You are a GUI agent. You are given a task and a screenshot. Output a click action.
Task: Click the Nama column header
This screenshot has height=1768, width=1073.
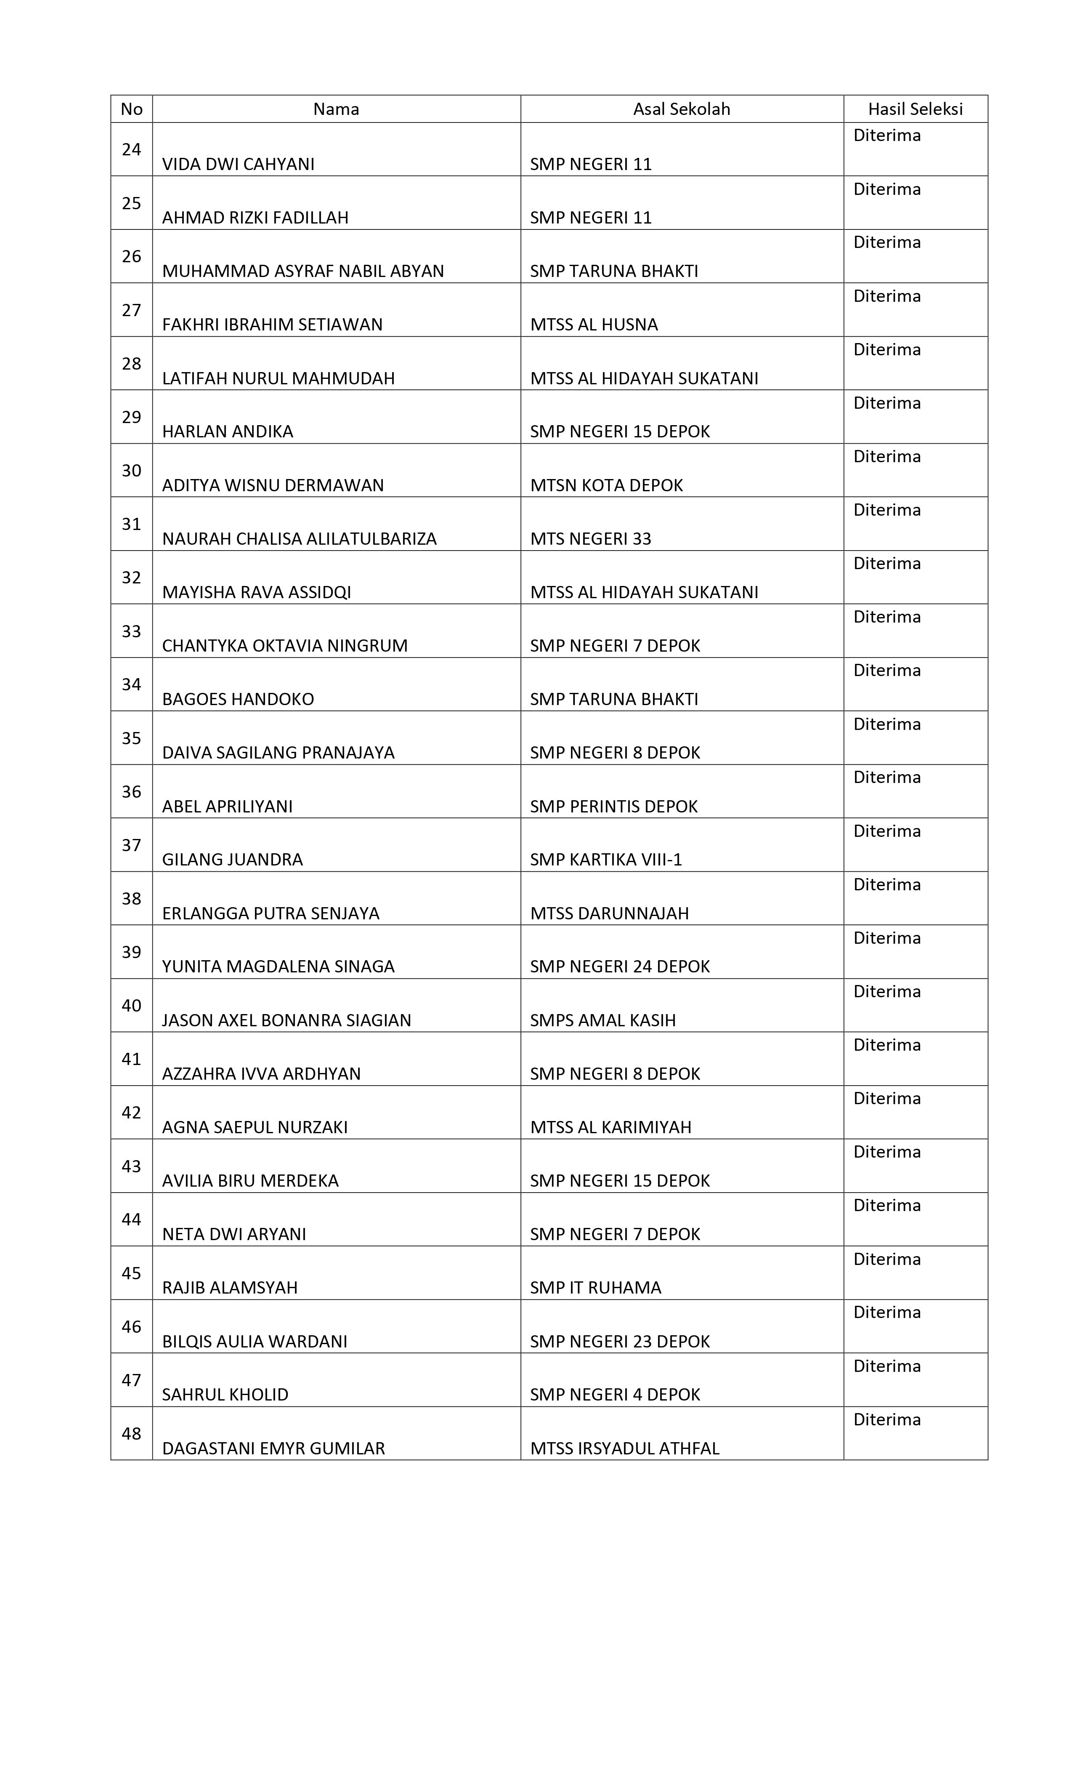(336, 109)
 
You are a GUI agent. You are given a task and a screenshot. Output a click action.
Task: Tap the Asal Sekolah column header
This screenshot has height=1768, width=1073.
(681, 109)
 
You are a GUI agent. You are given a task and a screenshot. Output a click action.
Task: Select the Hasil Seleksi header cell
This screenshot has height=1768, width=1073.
(915, 109)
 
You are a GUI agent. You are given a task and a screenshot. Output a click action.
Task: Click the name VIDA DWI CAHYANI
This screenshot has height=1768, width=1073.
(238, 164)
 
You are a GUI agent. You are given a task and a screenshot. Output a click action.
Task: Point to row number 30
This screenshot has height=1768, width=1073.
(131, 471)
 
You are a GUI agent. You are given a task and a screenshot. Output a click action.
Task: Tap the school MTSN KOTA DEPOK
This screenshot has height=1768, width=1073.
(606, 486)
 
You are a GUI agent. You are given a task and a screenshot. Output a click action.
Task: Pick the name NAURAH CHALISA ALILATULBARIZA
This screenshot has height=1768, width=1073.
(299, 539)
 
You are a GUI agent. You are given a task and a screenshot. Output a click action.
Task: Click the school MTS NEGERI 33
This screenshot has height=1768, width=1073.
(590, 539)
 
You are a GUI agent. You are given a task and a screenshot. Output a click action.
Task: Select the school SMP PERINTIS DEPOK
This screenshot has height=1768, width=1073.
(613, 807)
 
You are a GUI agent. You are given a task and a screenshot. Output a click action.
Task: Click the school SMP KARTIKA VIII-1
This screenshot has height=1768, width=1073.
(606, 860)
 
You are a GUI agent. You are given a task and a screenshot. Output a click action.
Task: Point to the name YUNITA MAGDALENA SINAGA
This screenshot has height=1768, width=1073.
(278, 967)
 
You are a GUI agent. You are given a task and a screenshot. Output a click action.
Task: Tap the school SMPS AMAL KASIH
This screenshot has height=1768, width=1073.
(603, 1020)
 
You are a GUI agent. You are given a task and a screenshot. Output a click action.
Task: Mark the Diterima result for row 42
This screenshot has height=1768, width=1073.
(887, 1099)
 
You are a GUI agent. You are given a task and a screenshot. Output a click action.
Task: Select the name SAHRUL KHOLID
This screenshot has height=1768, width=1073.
(225, 1395)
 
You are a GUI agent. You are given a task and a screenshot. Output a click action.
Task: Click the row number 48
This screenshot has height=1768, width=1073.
(131, 1434)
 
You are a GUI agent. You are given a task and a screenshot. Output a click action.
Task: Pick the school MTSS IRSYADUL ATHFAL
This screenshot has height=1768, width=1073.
(624, 1448)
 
